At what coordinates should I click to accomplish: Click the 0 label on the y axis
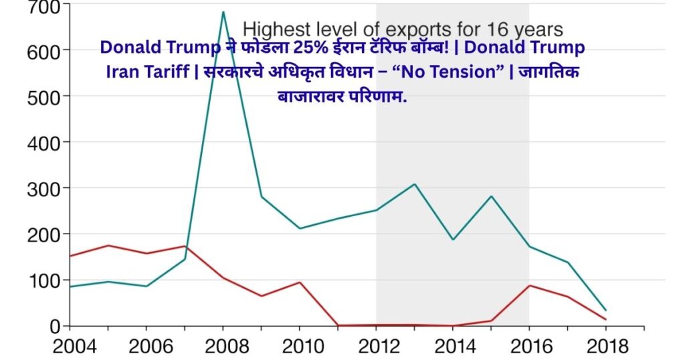(x=56, y=326)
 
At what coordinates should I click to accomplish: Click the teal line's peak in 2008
(x=223, y=12)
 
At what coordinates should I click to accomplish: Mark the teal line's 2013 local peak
(x=414, y=184)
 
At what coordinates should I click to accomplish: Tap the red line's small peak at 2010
(x=299, y=282)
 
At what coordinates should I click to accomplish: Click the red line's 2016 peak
(x=529, y=286)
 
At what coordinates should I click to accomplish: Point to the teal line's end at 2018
(x=605, y=310)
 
